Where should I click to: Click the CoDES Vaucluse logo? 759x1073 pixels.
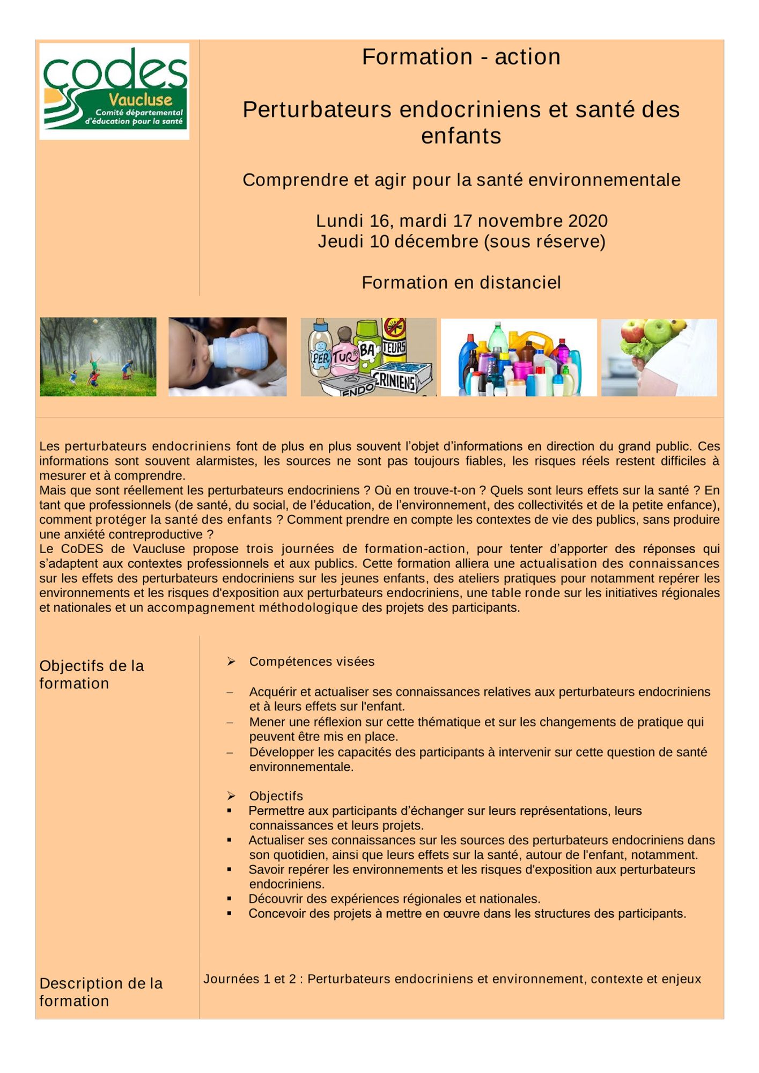click(114, 91)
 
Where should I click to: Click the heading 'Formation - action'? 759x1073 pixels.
click(461, 57)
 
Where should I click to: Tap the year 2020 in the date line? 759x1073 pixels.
click(588, 221)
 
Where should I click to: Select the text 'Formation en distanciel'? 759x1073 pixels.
click(461, 282)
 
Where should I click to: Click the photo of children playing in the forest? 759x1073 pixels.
click(98, 357)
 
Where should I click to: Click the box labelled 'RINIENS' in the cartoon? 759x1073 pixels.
click(400, 378)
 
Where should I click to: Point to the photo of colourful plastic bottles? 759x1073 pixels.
click(518, 358)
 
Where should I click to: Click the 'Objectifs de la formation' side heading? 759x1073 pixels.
click(91, 674)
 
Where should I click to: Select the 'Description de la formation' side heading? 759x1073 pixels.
click(100, 992)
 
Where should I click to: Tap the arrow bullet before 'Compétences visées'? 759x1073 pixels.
click(231, 662)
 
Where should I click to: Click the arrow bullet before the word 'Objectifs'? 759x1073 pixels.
click(231, 796)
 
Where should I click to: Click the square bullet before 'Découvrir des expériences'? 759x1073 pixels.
click(230, 898)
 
